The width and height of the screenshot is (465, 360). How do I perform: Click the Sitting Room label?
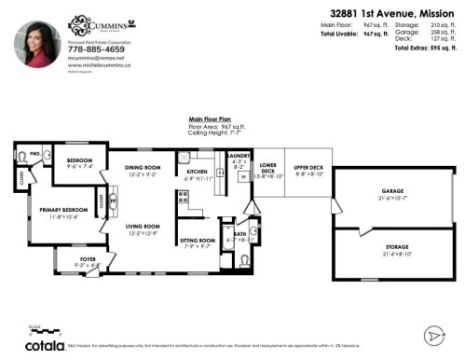[197, 241]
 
